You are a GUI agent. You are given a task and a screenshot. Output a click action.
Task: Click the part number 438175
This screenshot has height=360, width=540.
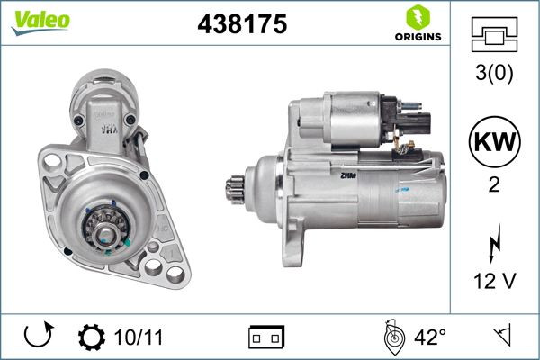click(241, 26)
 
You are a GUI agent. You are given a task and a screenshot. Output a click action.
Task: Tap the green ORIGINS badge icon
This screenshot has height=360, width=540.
click(417, 17)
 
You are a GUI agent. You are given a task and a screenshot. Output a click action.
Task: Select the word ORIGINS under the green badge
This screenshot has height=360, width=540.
click(417, 37)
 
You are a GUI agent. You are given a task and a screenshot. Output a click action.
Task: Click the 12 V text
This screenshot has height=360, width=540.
click(494, 282)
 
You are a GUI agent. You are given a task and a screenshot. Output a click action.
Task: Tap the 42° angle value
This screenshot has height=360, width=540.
click(430, 337)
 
